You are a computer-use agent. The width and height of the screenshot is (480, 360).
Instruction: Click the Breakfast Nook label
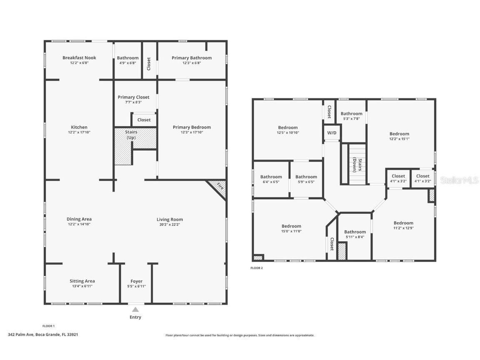(x=79, y=58)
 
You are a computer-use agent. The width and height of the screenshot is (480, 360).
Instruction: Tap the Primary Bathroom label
(x=192, y=58)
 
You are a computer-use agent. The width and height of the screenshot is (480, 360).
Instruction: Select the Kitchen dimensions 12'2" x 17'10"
(x=79, y=132)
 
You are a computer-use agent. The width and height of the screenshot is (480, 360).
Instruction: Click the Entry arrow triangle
(x=135, y=310)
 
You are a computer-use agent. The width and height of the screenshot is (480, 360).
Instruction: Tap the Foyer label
(x=136, y=281)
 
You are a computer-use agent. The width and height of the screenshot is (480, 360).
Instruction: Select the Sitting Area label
(x=82, y=281)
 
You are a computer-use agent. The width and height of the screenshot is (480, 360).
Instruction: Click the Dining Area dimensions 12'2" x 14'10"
(x=79, y=224)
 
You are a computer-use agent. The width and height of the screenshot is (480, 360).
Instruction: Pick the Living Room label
(x=170, y=220)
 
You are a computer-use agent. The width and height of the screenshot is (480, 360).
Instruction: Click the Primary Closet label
(x=133, y=97)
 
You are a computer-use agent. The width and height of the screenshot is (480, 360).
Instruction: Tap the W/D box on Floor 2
(x=332, y=133)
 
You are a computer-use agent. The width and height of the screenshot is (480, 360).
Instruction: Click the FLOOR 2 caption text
(x=257, y=268)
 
